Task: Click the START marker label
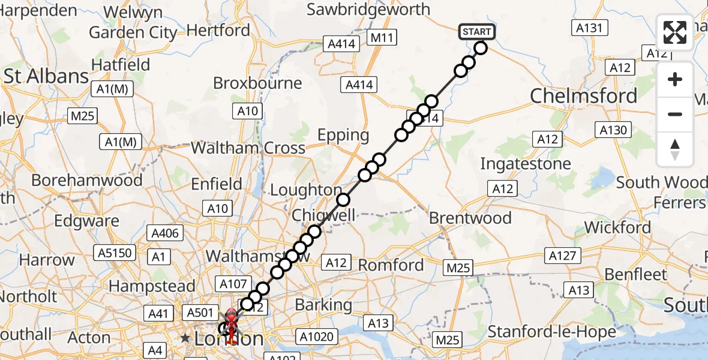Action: point(477,32)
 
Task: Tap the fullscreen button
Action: point(675,32)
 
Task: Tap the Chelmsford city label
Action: point(584,96)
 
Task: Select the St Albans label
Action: point(46,77)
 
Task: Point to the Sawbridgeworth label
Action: point(368,10)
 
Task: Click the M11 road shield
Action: point(382,38)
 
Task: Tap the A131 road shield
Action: point(591,28)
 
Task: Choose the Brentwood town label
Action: point(470,217)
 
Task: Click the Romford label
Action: point(391,265)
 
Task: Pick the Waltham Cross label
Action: point(248,148)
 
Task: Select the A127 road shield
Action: point(563,256)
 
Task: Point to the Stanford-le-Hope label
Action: point(551,331)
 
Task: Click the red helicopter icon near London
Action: point(231,319)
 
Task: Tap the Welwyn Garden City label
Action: point(133,22)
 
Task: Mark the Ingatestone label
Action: point(526,163)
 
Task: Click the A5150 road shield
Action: point(114,253)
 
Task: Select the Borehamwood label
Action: point(87,180)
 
